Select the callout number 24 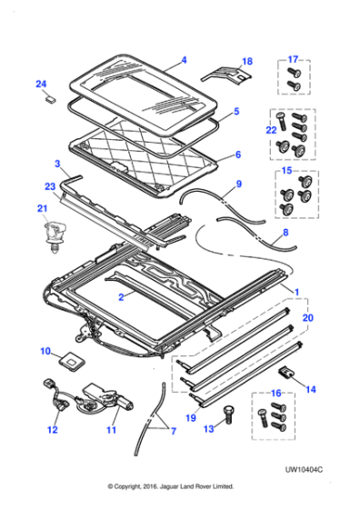pos(40,85)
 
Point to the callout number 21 pos(41,209)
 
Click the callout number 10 pos(45,350)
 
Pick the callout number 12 pos(53,430)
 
